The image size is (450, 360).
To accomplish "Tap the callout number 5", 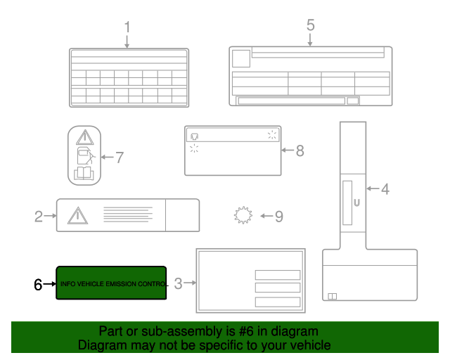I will [x=310, y=25].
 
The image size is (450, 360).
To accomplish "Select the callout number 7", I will [x=119, y=157].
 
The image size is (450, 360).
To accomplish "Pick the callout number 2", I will [x=39, y=216].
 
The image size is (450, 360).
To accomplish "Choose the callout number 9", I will [x=278, y=216].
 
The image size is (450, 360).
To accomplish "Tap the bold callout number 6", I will [x=39, y=284].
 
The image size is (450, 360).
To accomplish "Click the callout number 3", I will [x=178, y=283].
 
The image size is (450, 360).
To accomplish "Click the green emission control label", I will [x=111, y=283].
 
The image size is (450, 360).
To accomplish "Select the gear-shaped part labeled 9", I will [x=243, y=215].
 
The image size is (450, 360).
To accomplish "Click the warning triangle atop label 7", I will [x=84, y=137].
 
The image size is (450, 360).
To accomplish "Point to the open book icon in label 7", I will [x=84, y=173].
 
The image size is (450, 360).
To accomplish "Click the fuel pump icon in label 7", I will [x=84, y=155].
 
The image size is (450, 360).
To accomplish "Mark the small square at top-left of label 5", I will [x=240, y=58].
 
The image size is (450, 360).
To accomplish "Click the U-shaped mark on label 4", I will [x=356, y=202].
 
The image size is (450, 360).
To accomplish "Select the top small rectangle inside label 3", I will [x=277, y=275].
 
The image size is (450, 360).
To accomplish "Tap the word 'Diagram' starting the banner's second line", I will [x=102, y=345].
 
